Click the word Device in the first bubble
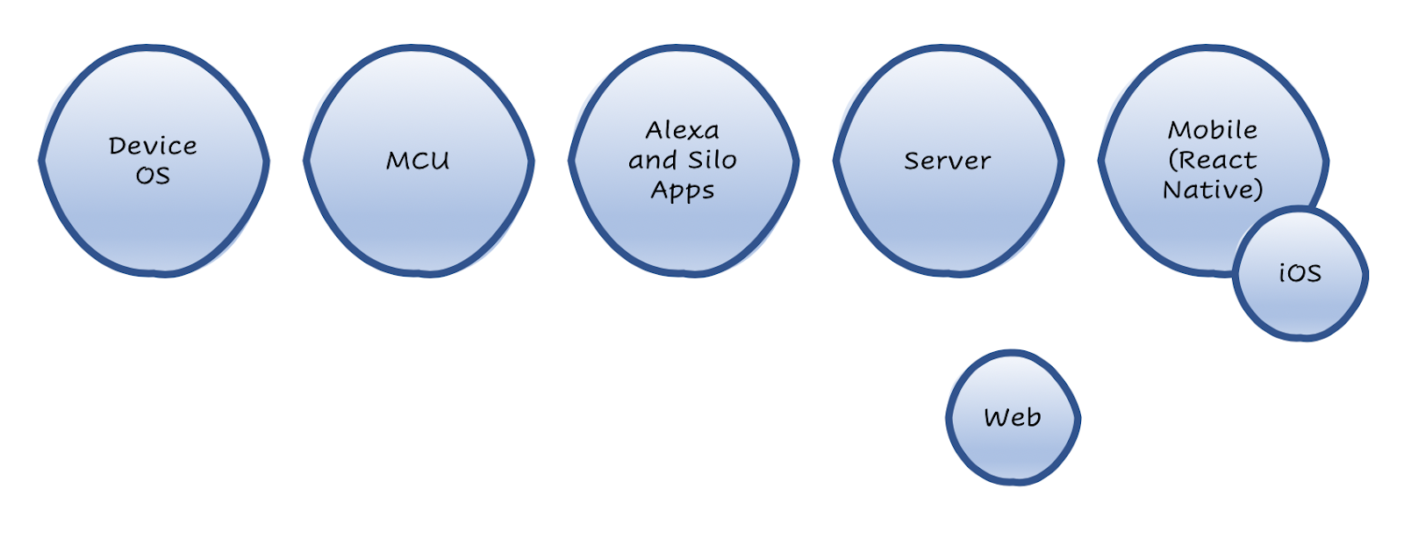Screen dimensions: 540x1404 [x=153, y=146]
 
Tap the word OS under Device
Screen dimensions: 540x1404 [x=153, y=176]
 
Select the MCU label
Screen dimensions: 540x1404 [x=418, y=161]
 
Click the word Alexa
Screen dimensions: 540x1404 [x=683, y=131]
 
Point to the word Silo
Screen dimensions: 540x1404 [x=712, y=160]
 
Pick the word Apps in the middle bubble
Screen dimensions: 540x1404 [x=683, y=191]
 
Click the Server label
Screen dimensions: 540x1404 [x=948, y=161]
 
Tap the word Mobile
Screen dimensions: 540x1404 [x=1213, y=130]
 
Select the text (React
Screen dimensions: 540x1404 [x=1213, y=160]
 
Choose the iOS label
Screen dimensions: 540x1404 [x=1300, y=273]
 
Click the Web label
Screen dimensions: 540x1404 [x=1013, y=417]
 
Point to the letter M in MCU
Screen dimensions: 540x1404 [x=397, y=161]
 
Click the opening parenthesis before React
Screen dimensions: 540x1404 [x=1172, y=161]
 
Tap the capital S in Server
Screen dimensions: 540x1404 [x=911, y=161]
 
